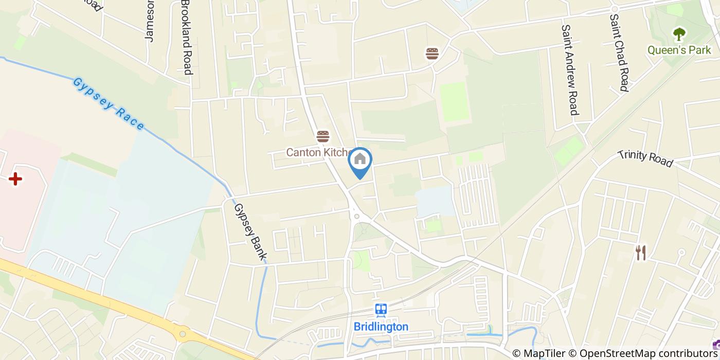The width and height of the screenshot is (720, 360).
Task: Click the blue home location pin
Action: click(x=360, y=161)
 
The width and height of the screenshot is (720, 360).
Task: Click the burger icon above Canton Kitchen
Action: click(x=323, y=136)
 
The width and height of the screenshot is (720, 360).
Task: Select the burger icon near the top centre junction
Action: click(x=432, y=53)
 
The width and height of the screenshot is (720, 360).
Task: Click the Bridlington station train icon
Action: click(x=381, y=310)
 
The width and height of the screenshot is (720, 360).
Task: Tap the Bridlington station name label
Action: click(x=381, y=327)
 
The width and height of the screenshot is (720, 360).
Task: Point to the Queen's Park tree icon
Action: click(x=679, y=34)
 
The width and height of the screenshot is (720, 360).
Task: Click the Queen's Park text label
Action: click(x=679, y=50)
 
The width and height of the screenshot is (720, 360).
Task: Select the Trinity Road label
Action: click(x=645, y=158)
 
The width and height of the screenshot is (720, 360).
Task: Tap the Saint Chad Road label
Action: click(x=619, y=52)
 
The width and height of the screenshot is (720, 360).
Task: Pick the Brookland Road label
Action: click(x=186, y=37)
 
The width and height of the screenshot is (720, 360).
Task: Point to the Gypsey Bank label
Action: click(x=250, y=231)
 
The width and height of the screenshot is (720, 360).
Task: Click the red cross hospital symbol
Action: click(x=15, y=179)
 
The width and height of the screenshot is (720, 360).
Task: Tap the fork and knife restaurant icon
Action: click(x=640, y=253)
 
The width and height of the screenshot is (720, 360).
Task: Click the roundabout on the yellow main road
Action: click(x=183, y=334)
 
